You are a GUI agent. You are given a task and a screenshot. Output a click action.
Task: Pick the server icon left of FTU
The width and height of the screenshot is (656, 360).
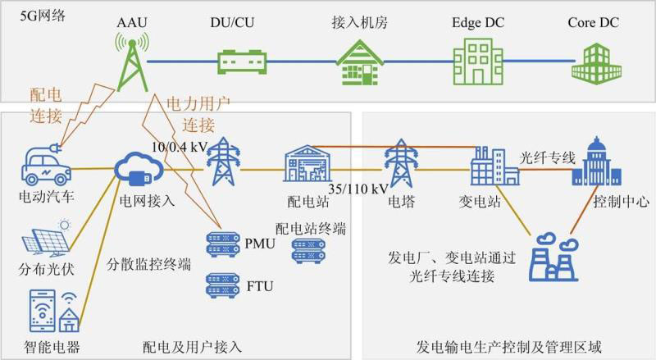click(x=221, y=285)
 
